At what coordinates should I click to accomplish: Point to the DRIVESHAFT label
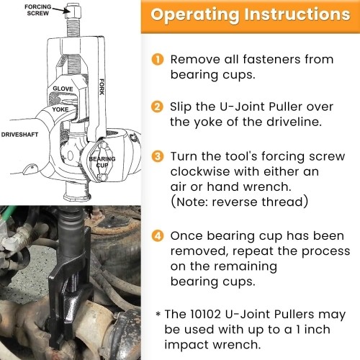pos(23,135)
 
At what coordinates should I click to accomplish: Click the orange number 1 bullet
pos(158,59)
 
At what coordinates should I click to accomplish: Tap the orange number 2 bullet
pos(158,107)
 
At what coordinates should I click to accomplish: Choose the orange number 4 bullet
pos(158,236)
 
